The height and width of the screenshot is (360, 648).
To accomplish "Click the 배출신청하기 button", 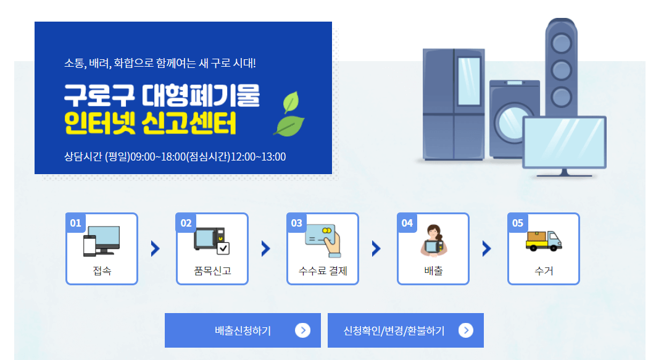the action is (x=243, y=330).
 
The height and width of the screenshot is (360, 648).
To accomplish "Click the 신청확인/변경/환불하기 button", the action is (x=405, y=330).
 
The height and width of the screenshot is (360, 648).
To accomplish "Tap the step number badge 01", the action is (x=75, y=223).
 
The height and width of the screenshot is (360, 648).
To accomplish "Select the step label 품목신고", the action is (x=212, y=271).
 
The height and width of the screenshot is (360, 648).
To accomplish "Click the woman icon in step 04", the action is (x=433, y=240).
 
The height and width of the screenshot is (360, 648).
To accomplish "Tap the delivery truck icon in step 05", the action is (x=543, y=240).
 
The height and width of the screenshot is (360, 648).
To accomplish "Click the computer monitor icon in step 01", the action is (x=102, y=240).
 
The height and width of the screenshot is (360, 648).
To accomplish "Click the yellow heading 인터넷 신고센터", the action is (x=151, y=125).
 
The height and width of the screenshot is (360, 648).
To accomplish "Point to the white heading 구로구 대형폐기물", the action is (x=162, y=95).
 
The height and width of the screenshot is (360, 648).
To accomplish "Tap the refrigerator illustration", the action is (x=454, y=105).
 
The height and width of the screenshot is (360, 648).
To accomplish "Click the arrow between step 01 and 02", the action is (x=156, y=248).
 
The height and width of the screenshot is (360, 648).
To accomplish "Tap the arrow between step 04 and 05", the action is (x=486, y=248).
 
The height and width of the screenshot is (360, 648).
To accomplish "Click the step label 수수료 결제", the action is (x=323, y=271).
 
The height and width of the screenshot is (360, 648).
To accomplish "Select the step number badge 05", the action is (x=517, y=223).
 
